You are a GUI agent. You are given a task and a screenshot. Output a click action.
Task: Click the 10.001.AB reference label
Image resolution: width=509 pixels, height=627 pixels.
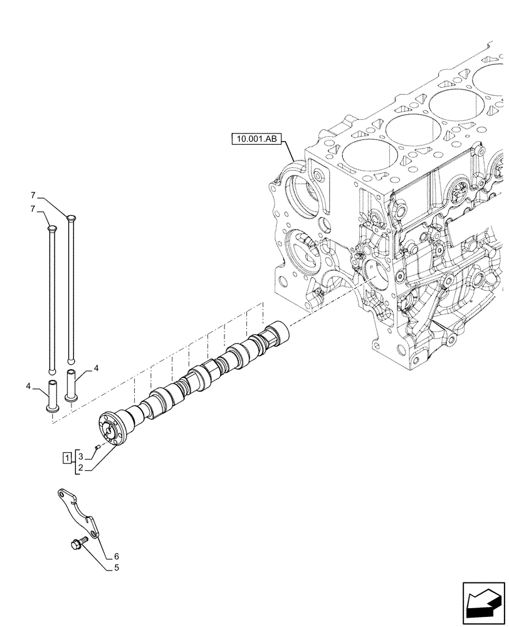(258, 139)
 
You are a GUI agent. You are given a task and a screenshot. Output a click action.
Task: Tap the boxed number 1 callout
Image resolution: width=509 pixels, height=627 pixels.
(66, 456)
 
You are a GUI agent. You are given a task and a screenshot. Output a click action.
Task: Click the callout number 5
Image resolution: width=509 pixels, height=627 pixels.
(117, 568)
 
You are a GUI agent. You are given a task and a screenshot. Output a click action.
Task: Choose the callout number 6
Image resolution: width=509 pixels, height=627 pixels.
(117, 556)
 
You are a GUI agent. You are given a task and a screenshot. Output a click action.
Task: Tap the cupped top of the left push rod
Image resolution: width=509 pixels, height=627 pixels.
(51, 229)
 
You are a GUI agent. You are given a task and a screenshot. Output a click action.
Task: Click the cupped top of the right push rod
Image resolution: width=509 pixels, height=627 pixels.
(70, 219)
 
